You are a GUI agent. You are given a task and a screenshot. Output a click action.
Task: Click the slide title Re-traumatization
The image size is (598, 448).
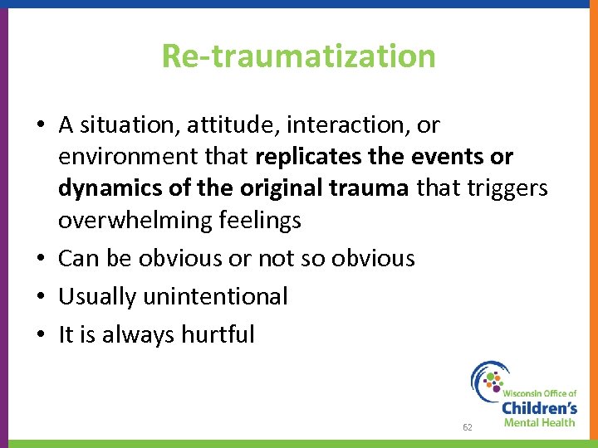click(x=298, y=56)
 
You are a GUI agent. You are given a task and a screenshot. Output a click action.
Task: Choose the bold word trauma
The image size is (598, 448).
click(x=370, y=188)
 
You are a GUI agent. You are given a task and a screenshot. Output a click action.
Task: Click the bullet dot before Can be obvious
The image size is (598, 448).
click(x=42, y=259)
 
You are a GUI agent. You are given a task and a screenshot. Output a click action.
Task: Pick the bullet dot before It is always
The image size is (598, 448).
click(x=42, y=335)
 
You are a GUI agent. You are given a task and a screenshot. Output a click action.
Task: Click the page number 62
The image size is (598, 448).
click(x=468, y=427)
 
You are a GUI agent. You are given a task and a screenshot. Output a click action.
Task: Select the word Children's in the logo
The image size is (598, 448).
click(x=538, y=407)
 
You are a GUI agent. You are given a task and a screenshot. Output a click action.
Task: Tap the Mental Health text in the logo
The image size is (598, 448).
click(x=538, y=423)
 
